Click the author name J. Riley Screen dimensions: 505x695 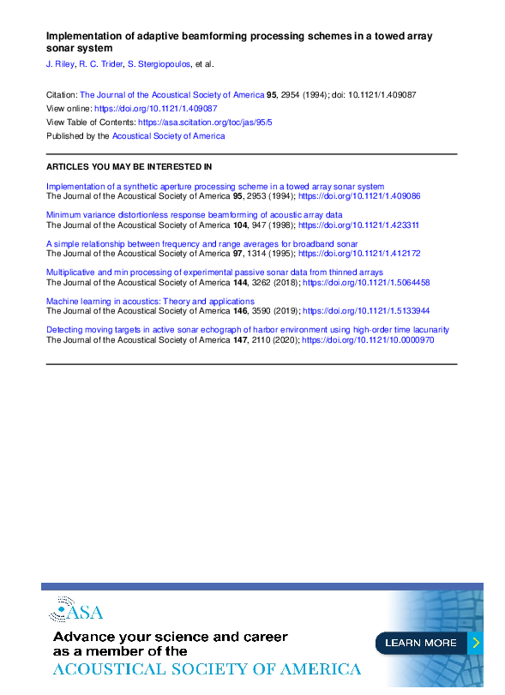tap(59, 64)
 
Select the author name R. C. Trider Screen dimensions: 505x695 tap(100, 64)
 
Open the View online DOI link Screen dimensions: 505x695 tap(155, 109)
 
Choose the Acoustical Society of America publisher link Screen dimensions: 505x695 tap(168, 136)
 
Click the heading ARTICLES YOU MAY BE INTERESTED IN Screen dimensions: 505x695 tap(129, 166)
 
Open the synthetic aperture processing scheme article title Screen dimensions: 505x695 tap(214, 186)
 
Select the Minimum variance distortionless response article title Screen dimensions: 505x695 tap(194, 215)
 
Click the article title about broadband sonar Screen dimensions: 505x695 tap(201, 244)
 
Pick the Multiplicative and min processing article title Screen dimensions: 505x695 tap(214, 273)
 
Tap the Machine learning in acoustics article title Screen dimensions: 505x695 tap(150, 302)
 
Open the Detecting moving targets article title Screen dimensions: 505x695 tap(247, 330)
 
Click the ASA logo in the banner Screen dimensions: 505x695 tap(76, 611)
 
